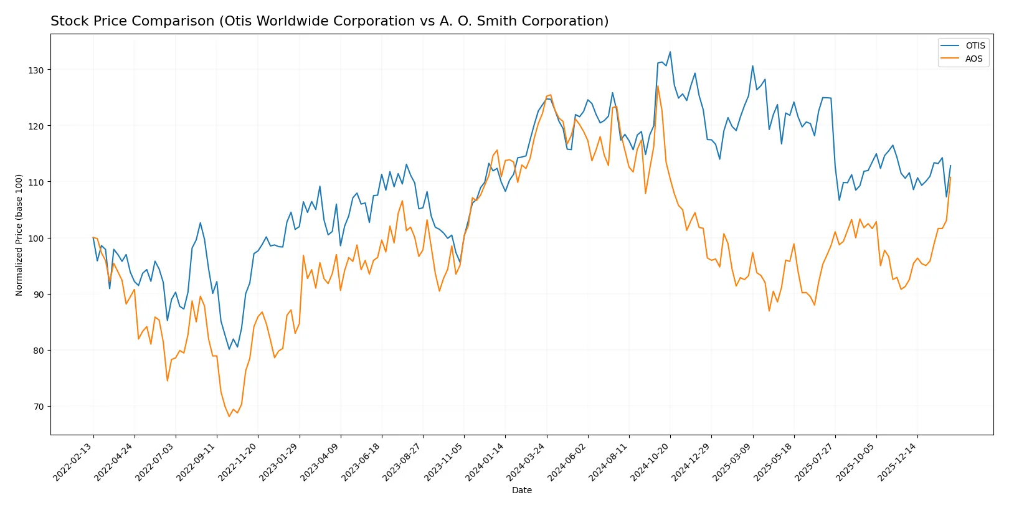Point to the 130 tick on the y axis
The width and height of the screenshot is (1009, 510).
[x=36, y=70]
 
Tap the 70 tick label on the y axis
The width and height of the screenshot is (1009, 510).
[x=39, y=407]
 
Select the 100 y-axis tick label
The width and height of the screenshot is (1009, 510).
[x=36, y=238]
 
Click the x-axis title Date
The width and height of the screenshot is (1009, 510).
[x=521, y=490]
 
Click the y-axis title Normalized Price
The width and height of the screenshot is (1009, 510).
[x=19, y=235]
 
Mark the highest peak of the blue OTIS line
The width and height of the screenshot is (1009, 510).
[x=670, y=52]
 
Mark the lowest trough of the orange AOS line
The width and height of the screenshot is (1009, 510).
[x=229, y=416]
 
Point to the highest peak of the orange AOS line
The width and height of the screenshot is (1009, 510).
[x=658, y=86]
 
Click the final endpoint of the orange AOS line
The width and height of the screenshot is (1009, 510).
[x=950, y=177]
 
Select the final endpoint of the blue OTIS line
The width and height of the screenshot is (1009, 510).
[x=950, y=166]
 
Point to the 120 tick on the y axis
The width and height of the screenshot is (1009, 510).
[x=36, y=126]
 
